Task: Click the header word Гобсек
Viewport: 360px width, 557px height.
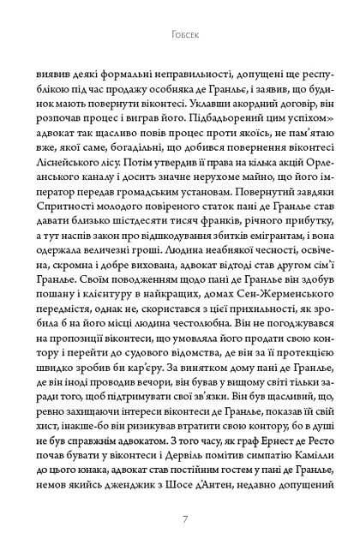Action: click(x=180, y=37)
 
